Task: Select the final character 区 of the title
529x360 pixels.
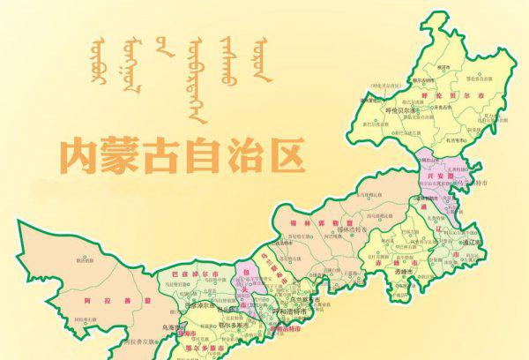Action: tap(284, 154)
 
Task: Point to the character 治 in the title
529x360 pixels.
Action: tap(242, 155)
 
